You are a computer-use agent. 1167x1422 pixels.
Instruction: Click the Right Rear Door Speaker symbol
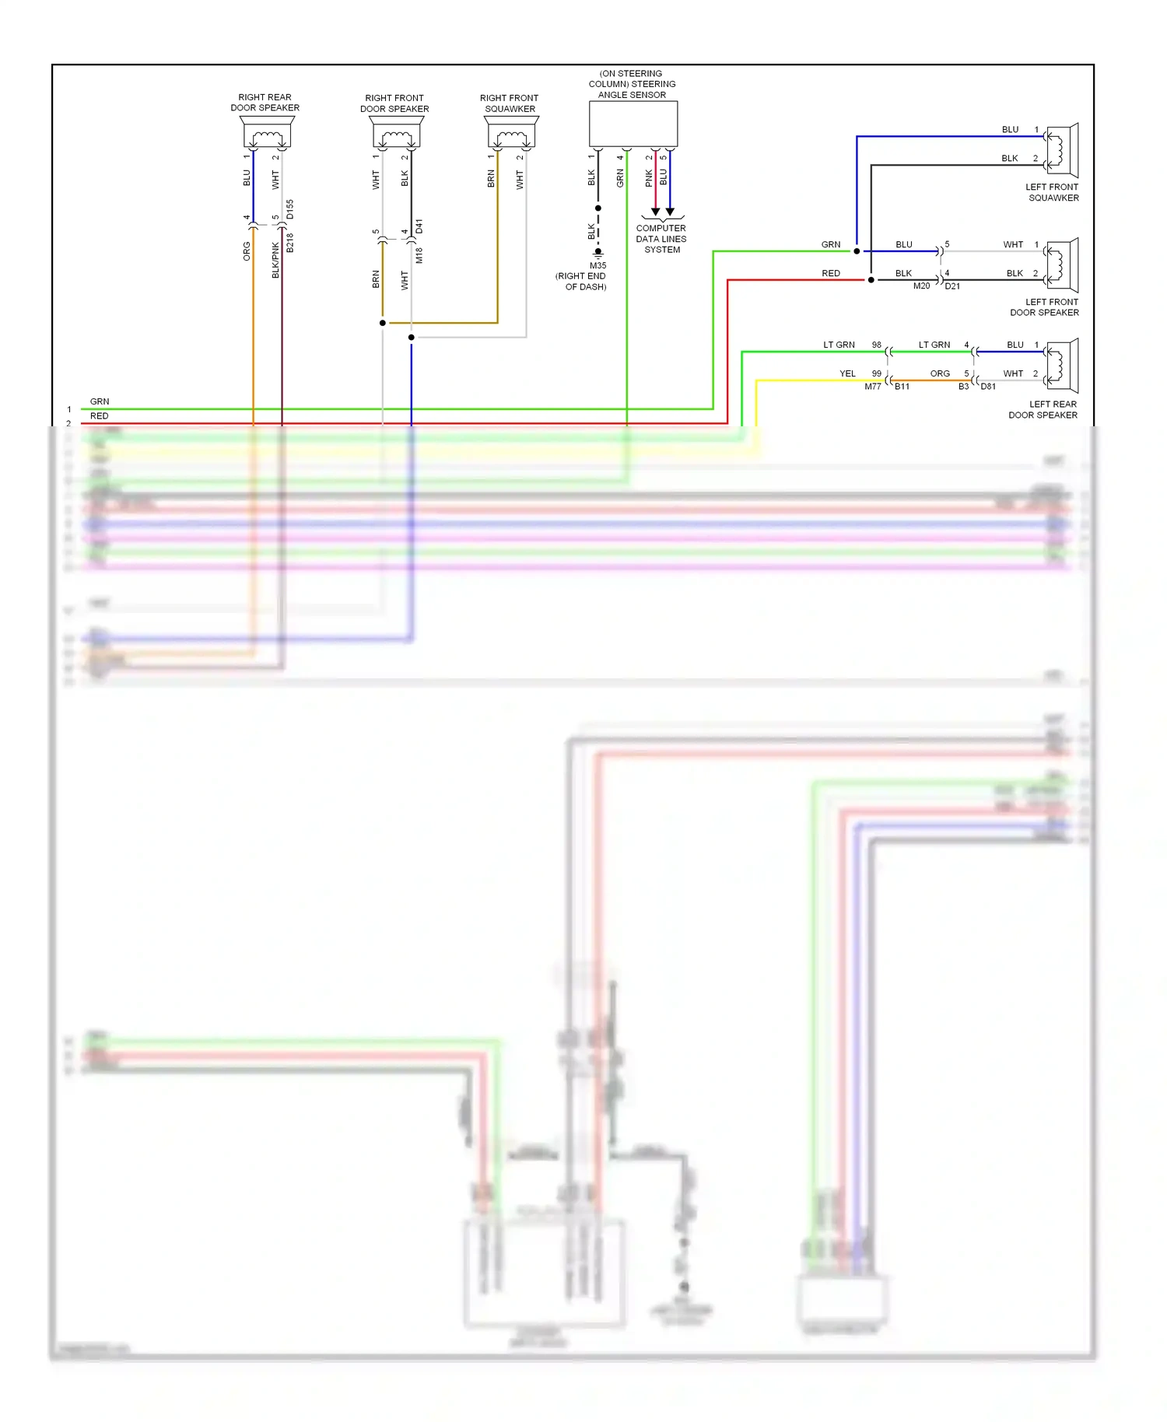[x=267, y=133]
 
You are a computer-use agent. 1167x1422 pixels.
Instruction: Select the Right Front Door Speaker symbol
[x=397, y=134]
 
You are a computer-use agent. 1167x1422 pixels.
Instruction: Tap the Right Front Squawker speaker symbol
[x=511, y=134]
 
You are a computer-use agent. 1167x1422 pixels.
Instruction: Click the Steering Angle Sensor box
[x=633, y=124]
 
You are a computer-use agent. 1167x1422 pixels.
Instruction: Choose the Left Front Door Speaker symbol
[x=1061, y=264]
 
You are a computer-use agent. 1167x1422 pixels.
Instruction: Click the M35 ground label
[x=598, y=265]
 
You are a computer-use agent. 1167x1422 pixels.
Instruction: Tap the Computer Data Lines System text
[x=661, y=239]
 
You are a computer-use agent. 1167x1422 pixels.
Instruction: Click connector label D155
[x=290, y=209]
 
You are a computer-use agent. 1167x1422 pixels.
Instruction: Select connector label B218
[x=290, y=243]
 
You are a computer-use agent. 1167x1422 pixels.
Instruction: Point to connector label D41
[x=419, y=226]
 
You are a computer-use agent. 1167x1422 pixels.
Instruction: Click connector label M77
[x=873, y=387]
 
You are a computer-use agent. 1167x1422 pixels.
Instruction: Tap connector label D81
[x=988, y=387]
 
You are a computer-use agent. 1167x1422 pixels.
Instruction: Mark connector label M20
[x=921, y=286]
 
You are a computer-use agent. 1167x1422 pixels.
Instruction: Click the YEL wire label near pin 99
[x=847, y=373]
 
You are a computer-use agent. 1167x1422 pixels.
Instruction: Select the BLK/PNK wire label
[x=275, y=260]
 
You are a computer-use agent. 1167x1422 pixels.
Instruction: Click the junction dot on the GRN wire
[x=857, y=251]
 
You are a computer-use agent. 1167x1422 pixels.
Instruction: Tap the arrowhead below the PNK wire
[x=655, y=212]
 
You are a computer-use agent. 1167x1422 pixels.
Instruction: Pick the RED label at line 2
[x=100, y=416]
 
